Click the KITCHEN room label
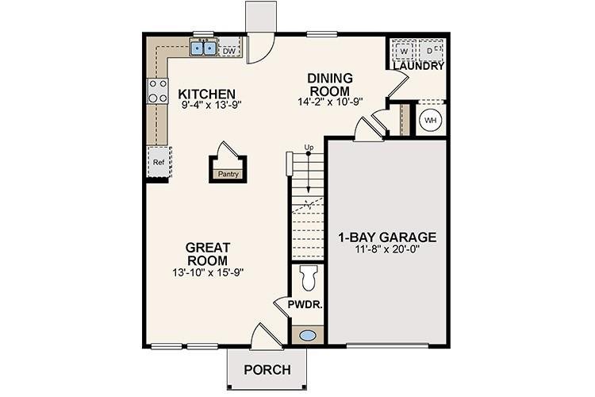coord(207,93)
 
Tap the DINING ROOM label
coord(328,84)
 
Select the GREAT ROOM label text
coord(207,254)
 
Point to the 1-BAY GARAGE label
coord(387,237)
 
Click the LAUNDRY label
coord(417,67)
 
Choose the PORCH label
coord(266,370)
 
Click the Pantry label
coord(228,173)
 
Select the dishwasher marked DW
coord(229,52)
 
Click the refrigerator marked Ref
coord(158,162)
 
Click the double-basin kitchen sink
coord(204,49)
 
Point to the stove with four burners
coord(157,91)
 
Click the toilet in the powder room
coord(309,279)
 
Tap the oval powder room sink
coord(307,335)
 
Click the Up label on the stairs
coord(309,148)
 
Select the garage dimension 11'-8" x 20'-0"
coord(387,251)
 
